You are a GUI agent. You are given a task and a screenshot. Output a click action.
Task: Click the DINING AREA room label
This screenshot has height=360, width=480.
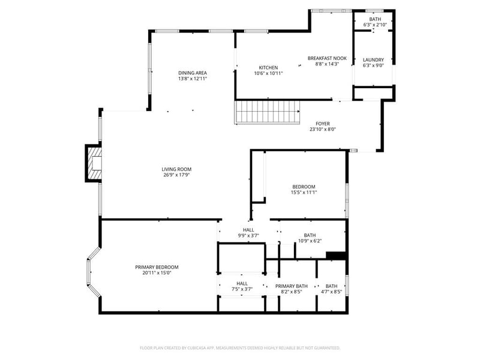192,73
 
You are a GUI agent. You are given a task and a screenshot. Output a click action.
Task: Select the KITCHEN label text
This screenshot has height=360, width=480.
268,67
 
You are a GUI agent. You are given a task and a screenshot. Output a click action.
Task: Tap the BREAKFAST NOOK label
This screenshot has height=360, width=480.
327,58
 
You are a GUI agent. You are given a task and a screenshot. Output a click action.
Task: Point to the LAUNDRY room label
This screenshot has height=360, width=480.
373,60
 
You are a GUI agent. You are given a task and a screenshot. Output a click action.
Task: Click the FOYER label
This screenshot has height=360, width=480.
323,124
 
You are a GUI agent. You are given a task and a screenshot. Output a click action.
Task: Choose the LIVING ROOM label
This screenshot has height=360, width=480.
176,169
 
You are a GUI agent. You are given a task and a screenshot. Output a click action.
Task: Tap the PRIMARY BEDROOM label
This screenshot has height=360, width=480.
157,267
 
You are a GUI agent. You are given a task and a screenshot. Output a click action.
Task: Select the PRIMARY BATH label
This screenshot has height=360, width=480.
292,286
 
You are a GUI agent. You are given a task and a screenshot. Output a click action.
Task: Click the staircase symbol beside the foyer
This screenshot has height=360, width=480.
266,112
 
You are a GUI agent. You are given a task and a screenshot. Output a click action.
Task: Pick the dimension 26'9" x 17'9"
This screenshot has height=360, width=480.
176,176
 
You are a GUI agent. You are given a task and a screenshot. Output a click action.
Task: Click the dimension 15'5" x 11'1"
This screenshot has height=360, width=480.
303,193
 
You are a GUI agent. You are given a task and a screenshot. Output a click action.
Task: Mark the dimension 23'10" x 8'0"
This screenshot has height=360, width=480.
323,130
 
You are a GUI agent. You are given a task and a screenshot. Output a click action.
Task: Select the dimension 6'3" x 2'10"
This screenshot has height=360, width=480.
375,25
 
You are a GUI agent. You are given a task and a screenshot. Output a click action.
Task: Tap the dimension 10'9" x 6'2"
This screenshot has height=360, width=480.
310,241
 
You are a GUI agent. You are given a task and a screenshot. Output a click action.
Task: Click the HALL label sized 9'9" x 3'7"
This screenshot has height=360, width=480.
248,230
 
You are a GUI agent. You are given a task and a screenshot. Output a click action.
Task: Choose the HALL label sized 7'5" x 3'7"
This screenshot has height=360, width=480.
242,283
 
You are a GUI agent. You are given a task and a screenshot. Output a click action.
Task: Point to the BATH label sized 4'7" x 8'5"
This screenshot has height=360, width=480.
331,286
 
